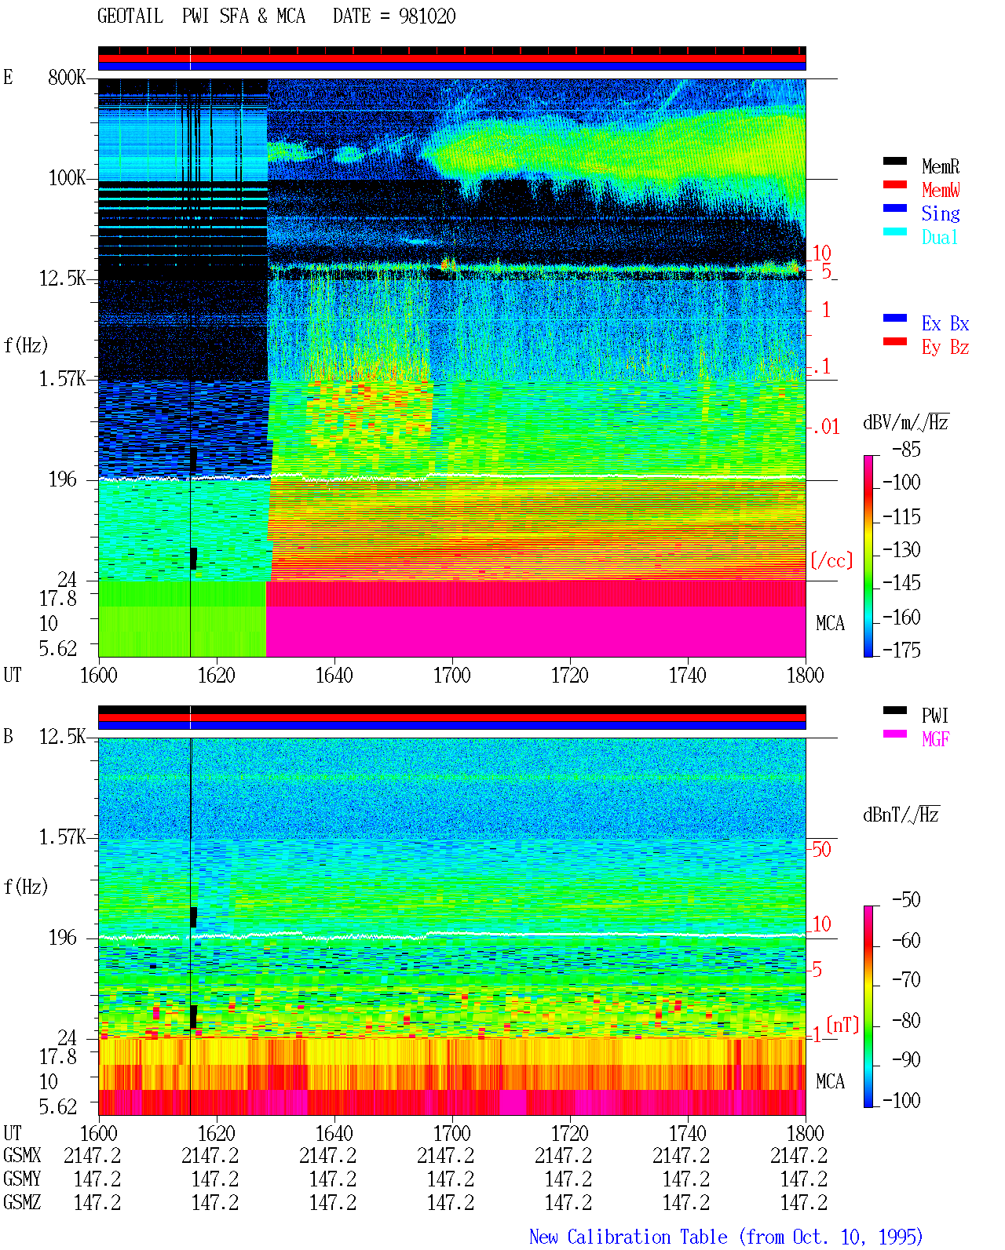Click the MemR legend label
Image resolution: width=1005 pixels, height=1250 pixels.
pos(940,166)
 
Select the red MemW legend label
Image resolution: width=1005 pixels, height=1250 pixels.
pos(941,190)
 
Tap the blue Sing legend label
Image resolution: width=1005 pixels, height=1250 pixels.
pos(940,213)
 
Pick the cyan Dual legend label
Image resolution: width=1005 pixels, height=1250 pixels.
pos(939,237)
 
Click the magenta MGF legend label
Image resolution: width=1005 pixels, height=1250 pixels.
pos(935,739)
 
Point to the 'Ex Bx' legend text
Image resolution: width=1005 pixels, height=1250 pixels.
pos(945,323)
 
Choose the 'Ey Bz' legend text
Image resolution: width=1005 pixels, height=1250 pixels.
pos(945,348)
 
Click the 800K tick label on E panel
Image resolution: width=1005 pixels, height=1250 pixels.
pos(67,77)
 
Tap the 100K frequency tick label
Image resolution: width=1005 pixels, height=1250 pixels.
pos(67,178)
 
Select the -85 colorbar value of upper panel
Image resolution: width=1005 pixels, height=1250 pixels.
pos(906,449)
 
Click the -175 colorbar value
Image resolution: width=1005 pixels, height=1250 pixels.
pos(901,650)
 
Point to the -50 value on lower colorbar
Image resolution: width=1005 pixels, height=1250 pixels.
pos(906,900)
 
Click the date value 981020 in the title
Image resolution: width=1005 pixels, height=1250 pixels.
pos(427,16)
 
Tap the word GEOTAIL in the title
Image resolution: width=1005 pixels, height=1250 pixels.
pos(130,16)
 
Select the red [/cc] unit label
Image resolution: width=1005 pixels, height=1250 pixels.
pos(831,560)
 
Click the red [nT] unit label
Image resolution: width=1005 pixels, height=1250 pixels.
pos(842,1025)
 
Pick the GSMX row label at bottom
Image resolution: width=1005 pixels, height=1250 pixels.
pos(22,1155)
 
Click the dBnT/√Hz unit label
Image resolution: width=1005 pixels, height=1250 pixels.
pos(901,815)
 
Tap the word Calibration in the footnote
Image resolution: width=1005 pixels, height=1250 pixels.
pos(647,1237)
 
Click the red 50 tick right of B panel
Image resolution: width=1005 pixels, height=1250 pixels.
pos(821,850)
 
